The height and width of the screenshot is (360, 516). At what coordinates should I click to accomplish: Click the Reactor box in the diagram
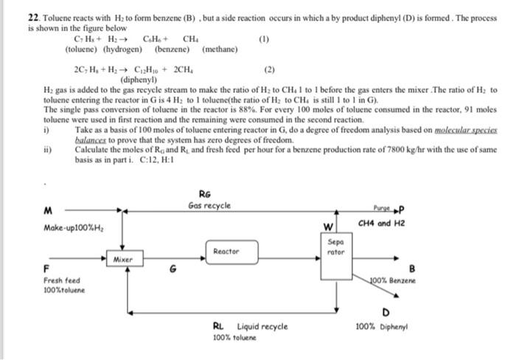[226, 252]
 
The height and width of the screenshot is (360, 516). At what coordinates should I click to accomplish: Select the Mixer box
[122, 260]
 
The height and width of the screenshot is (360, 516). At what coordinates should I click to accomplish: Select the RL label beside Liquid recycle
[219, 325]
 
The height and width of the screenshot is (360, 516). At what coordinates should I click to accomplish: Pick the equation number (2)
[269, 70]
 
